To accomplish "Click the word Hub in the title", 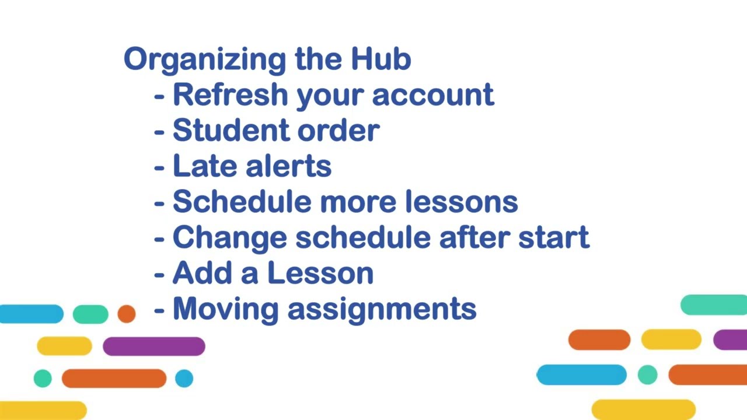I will (x=381, y=60).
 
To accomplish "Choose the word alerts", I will (x=288, y=166).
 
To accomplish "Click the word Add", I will (x=202, y=273).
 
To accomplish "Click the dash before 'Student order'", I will (x=159, y=131).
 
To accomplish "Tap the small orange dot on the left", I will (x=126, y=314).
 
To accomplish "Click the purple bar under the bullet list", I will (x=153, y=346).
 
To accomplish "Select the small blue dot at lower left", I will (x=184, y=379).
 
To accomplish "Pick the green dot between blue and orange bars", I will (x=647, y=374).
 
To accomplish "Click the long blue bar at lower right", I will (x=581, y=374).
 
